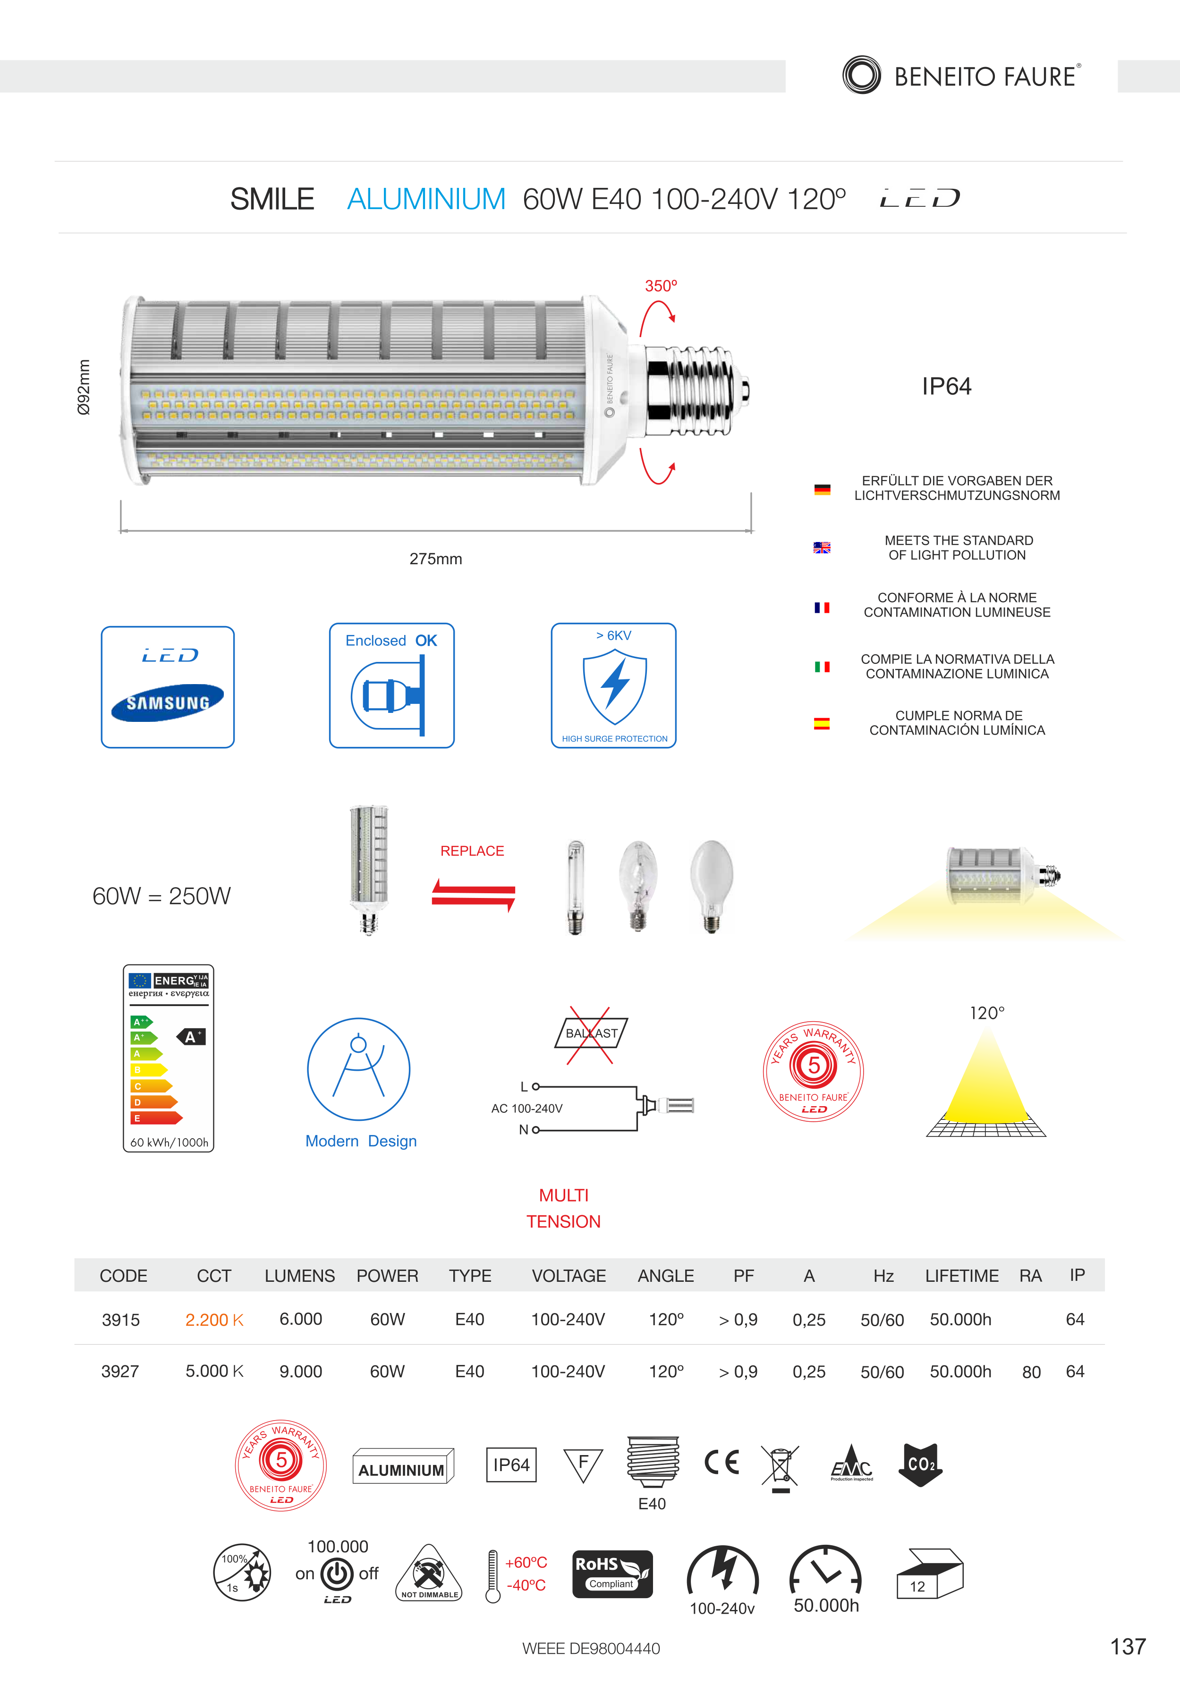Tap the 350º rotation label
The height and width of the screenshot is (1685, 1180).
pos(661,286)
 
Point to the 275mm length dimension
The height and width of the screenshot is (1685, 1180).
pos(435,559)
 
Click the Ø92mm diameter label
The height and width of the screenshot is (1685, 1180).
pos(85,387)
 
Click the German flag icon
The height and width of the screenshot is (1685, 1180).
pos(822,490)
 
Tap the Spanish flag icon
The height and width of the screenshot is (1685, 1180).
pos(822,724)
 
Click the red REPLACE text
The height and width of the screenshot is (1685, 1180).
pos(472,851)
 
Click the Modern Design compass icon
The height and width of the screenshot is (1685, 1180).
pos(358,1068)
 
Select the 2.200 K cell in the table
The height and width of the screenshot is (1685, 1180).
pos(213,1320)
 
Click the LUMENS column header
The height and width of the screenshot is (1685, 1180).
pos(299,1276)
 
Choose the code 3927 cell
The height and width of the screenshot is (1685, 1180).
pos(120,1371)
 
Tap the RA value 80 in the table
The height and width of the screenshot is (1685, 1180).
pos(1031,1372)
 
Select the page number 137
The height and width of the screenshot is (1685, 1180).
pos(1128,1646)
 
